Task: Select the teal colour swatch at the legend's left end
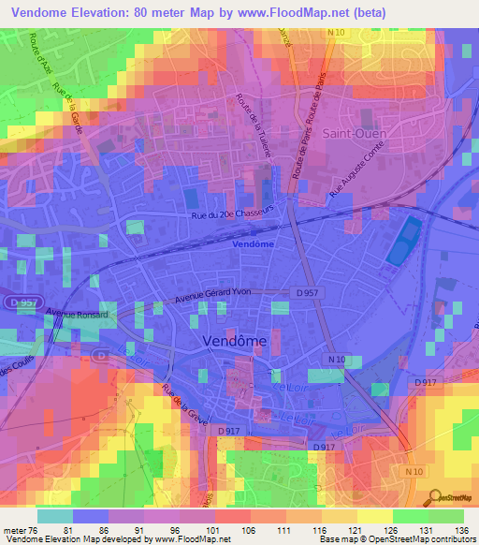point(55,515)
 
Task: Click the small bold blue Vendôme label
point(253,243)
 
